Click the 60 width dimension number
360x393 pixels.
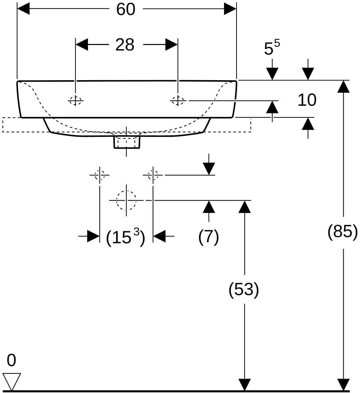126,9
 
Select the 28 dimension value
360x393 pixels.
125,45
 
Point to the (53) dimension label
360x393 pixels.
244,290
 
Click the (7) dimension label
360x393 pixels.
209,236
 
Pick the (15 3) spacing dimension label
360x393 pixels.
125,236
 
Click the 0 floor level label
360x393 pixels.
11,360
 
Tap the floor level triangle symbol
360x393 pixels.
12,381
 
